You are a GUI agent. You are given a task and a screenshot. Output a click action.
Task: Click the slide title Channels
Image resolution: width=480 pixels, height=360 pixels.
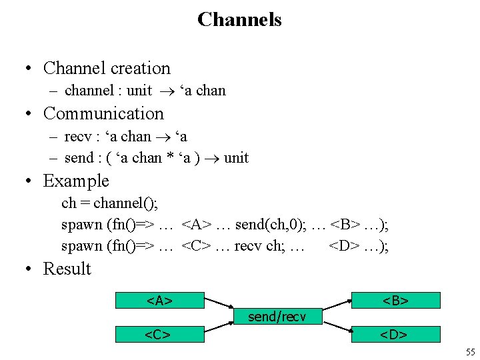click(239, 19)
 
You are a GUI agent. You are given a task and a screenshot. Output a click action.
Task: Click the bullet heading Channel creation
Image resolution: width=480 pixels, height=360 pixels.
click(107, 68)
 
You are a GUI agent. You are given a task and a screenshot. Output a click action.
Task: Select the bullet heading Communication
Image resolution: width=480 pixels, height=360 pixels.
click(103, 113)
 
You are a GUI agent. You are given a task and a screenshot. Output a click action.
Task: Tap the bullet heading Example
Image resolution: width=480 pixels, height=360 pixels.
click(75, 181)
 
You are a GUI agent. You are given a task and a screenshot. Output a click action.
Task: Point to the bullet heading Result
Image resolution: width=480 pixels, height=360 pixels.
click(67, 269)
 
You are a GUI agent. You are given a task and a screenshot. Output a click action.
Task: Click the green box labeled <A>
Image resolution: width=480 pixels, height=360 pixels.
click(159, 301)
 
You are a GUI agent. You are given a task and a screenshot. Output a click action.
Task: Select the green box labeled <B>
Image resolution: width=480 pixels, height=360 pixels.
click(395, 301)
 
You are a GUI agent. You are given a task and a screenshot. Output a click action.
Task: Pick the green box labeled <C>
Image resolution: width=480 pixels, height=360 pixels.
click(159, 334)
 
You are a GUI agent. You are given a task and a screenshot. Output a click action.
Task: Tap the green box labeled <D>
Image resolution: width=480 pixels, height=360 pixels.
click(395, 334)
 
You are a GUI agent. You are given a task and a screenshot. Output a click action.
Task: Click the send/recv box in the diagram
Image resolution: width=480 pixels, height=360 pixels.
click(277, 317)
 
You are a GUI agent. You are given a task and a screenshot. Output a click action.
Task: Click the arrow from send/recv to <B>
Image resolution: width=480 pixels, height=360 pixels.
click(337, 306)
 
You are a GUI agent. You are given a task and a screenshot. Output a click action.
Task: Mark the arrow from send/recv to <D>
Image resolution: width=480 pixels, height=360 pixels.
click(337, 327)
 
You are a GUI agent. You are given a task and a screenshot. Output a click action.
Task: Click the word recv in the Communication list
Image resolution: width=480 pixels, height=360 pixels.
click(78, 137)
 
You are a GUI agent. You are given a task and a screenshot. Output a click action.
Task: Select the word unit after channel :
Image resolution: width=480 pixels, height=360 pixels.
click(139, 91)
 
